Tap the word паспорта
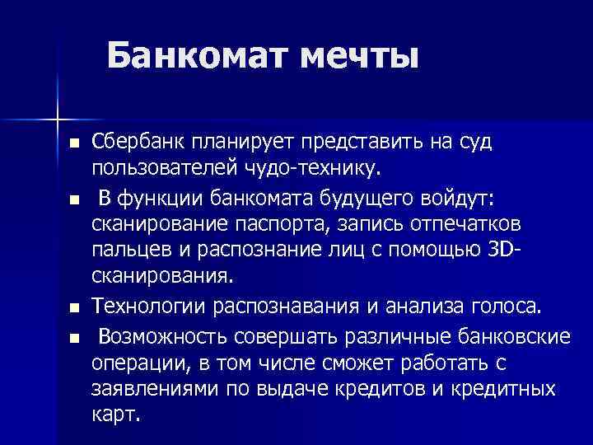point(275,225)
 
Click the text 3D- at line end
point(490,252)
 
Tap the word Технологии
point(148,307)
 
